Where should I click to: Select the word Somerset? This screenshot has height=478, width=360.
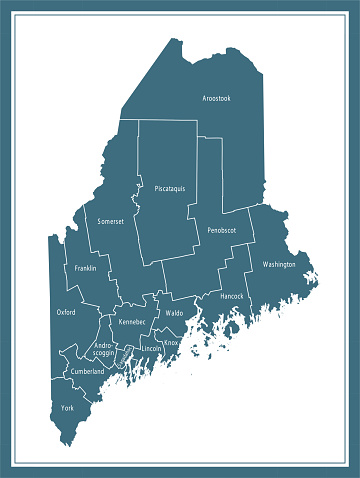(110, 221)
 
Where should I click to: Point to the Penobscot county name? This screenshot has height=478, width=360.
(221, 230)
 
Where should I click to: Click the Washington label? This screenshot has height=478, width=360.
(279, 265)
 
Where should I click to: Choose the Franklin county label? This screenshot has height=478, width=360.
(85, 268)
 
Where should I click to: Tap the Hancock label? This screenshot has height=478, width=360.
(231, 296)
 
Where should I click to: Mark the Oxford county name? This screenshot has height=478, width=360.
(66, 312)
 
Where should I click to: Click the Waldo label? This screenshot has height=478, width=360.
(174, 313)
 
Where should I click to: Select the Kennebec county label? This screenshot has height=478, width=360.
(132, 322)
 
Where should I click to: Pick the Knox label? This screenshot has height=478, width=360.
(171, 343)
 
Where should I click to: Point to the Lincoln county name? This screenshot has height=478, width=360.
(151, 348)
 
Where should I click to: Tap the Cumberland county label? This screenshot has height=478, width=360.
(87, 372)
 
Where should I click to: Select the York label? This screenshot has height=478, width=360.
(67, 408)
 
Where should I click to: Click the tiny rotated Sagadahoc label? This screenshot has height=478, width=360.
(126, 353)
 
